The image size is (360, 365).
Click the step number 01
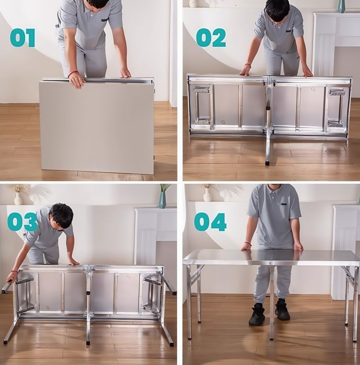pos(23,38)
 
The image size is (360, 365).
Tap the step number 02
pos(211,38)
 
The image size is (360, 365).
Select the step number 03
pos(22,222)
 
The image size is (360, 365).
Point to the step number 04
pos(210,222)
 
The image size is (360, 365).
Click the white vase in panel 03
pos(18,199)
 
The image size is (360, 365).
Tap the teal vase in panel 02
pos(341,6)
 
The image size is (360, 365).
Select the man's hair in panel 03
pos(62,215)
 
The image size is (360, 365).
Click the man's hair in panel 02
pos(277,9)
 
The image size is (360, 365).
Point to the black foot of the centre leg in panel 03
pos(88,343)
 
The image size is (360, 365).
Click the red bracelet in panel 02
pos(247,65)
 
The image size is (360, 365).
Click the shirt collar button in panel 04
pos(272,198)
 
